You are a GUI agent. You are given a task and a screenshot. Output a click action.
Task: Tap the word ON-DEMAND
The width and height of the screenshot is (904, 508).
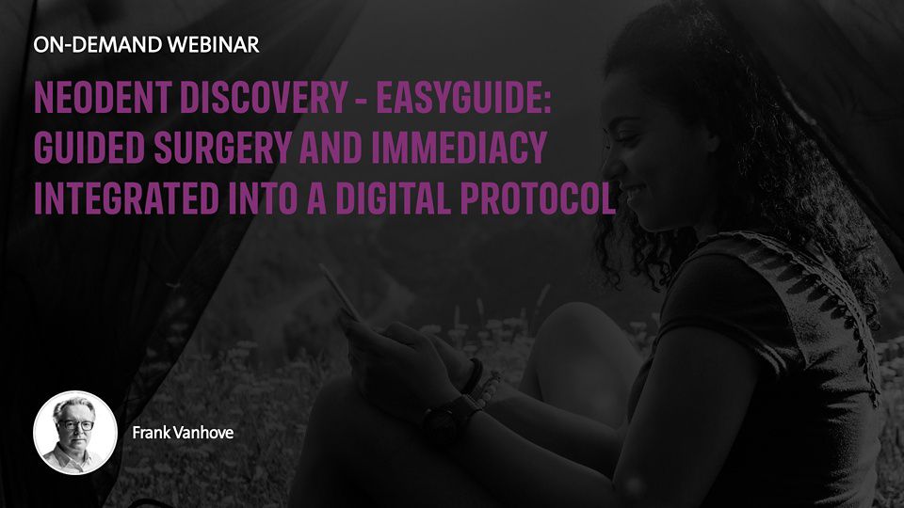pos(97,45)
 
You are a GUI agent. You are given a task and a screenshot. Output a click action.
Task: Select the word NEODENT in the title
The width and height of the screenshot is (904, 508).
pos(103,97)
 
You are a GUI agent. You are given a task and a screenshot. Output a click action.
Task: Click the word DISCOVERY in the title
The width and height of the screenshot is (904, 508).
pos(264,97)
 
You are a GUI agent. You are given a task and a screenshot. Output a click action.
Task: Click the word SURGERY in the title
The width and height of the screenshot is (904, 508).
pos(222,147)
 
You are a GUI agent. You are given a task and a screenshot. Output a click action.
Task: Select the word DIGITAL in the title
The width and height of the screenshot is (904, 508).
pos(392,198)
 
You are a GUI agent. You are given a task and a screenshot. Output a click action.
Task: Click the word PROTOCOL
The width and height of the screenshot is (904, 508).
pos(538,198)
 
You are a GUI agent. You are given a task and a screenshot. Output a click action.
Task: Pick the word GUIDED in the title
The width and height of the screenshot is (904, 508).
pos(89,147)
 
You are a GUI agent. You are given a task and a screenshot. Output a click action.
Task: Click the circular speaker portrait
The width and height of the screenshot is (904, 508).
pos(75,433)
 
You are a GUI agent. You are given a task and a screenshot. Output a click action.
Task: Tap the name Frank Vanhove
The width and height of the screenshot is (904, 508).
pos(183,433)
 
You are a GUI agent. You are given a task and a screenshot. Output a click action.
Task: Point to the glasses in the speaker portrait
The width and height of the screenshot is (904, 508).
pos(75,425)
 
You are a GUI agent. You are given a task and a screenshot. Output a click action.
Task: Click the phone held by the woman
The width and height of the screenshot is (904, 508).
pos(341,292)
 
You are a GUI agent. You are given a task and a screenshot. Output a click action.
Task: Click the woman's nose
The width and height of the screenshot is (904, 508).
pos(608,165)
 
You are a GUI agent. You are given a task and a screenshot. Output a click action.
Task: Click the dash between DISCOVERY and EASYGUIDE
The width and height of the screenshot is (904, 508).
pos(362,99)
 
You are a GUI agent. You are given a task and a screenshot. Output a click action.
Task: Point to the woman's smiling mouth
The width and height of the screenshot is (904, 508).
pos(630,191)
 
